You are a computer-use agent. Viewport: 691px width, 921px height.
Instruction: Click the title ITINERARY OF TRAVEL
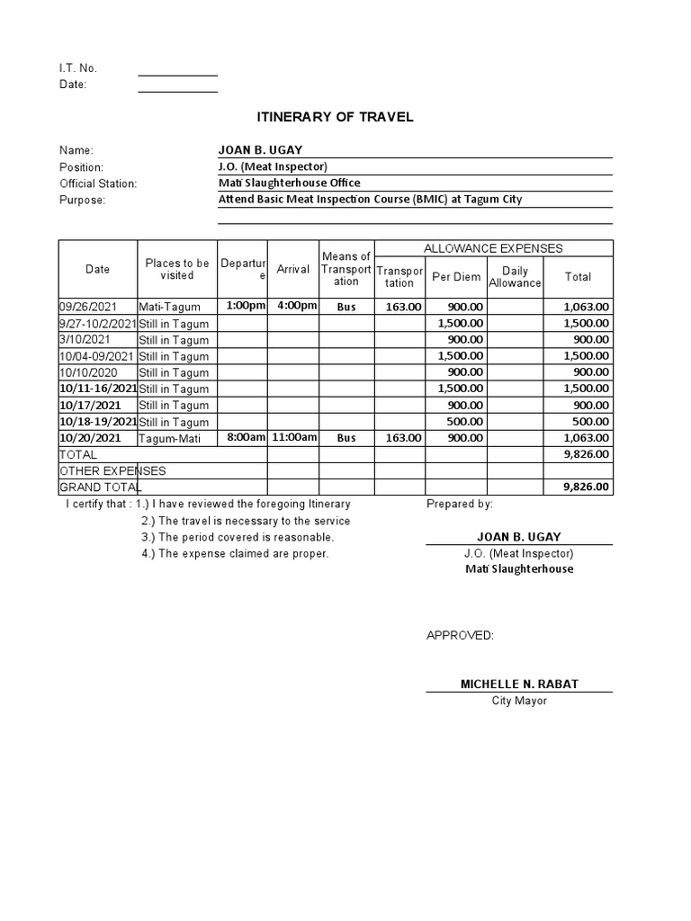pyautogui.click(x=335, y=117)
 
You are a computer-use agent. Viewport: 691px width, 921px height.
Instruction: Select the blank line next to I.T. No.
pyautogui.click(x=177, y=69)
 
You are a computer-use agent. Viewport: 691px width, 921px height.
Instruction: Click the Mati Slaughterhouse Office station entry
pyautogui.click(x=289, y=183)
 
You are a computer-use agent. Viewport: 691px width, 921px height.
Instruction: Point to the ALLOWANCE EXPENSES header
pyautogui.click(x=493, y=248)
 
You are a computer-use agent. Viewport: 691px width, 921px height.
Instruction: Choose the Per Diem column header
pyautogui.click(x=456, y=277)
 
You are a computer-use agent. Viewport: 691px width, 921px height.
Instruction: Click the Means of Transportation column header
pyautogui.click(x=346, y=269)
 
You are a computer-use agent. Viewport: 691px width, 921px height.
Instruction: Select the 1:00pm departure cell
pyautogui.click(x=246, y=306)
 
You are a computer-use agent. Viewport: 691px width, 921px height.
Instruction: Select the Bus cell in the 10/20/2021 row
pyautogui.click(x=346, y=438)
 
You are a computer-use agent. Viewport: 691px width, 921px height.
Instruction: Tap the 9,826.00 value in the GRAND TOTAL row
pyautogui.click(x=586, y=487)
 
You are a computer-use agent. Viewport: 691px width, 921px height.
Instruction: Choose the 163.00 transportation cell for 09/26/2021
pyautogui.click(x=403, y=307)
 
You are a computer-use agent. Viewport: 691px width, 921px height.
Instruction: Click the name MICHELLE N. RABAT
pyautogui.click(x=519, y=684)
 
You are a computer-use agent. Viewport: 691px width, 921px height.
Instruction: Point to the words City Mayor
pyautogui.click(x=519, y=701)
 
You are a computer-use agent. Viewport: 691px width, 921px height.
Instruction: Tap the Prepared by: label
pyautogui.click(x=459, y=505)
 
